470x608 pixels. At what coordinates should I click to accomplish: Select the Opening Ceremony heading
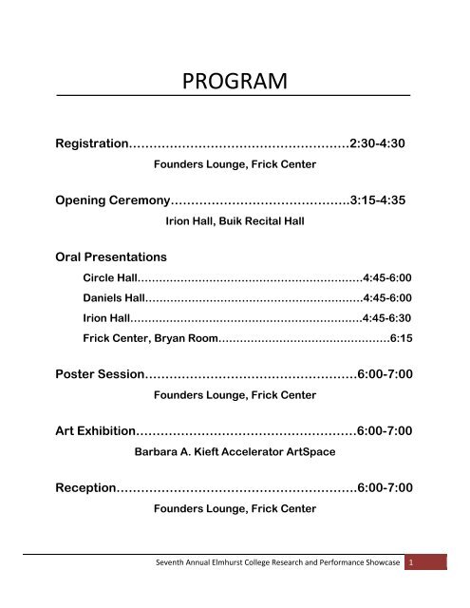(x=113, y=201)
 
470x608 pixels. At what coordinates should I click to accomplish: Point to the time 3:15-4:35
(x=381, y=201)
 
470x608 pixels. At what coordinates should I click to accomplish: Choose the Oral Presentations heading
(x=113, y=256)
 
